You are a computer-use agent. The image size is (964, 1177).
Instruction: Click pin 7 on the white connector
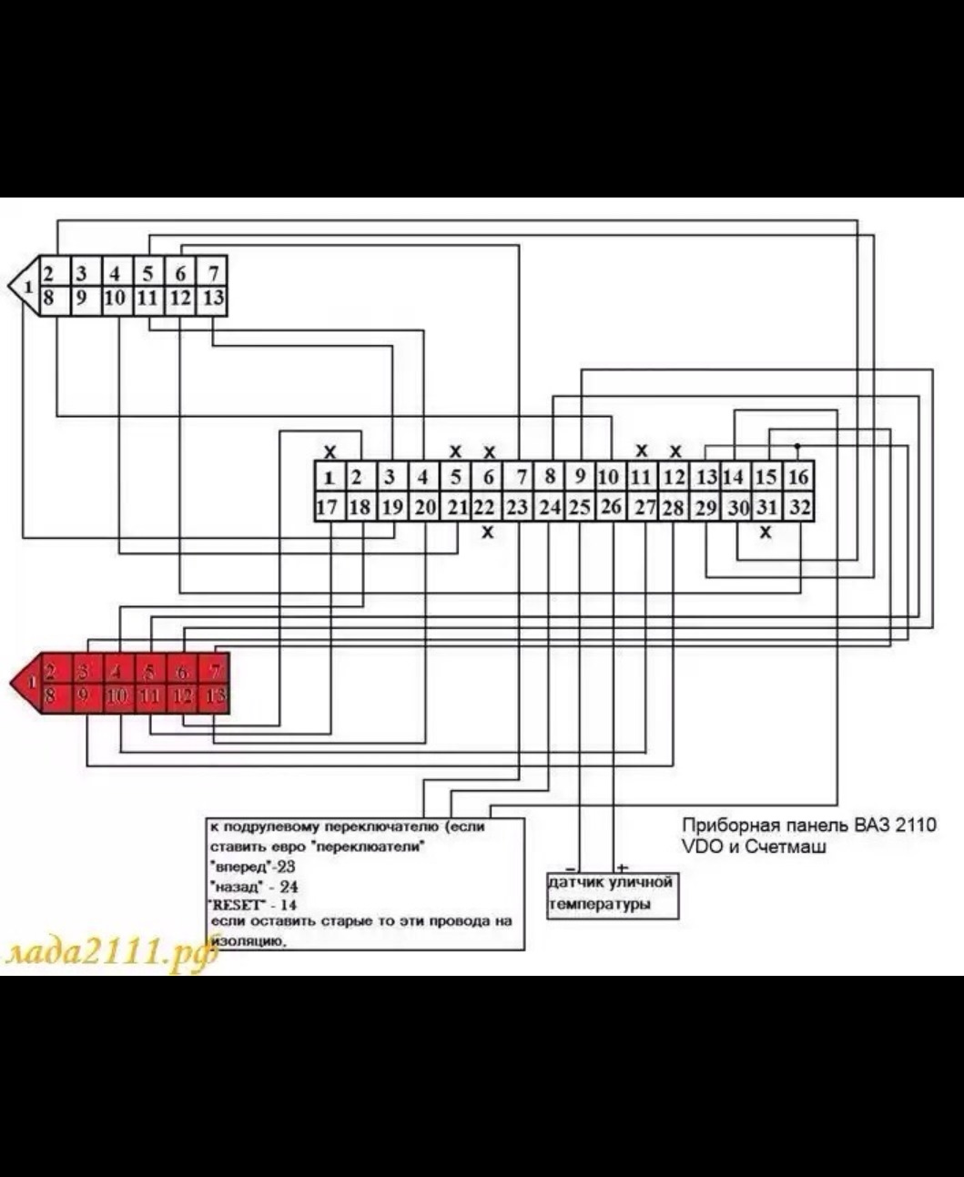[x=212, y=272]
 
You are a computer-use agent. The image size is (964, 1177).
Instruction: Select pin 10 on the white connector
[x=115, y=299]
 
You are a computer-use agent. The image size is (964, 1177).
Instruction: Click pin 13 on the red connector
[x=215, y=697]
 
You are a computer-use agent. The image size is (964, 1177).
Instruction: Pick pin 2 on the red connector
[x=51, y=673]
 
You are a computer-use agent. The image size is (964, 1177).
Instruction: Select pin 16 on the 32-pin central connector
[x=798, y=476]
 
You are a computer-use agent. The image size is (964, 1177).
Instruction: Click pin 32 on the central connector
[x=799, y=507]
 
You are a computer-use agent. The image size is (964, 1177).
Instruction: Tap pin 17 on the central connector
[x=327, y=507]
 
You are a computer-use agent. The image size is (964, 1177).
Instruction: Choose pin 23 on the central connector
[x=517, y=507]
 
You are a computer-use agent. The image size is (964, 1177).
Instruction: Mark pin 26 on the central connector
[x=611, y=507]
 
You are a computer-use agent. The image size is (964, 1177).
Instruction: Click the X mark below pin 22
[x=488, y=532]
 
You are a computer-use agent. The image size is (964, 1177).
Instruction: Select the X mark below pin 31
[x=766, y=532]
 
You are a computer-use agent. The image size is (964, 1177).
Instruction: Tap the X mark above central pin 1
[x=330, y=452]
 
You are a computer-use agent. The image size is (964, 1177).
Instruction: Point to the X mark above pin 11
[x=642, y=450]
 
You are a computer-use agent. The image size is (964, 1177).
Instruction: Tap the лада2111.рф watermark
[x=109, y=952]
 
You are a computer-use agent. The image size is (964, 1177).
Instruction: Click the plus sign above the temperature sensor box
[x=623, y=868]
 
